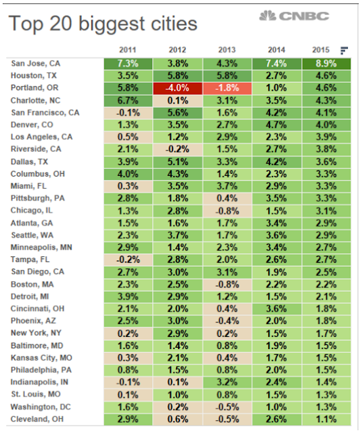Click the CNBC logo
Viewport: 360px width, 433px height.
pyautogui.click(x=294, y=16)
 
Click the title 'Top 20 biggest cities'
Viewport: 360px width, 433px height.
pyautogui.click(x=103, y=24)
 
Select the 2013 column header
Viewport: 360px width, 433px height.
pyautogui.click(x=227, y=50)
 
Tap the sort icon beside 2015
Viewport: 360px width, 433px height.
pyautogui.click(x=344, y=51)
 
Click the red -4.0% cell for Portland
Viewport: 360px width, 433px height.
pyautogui.click(x=178, y=89)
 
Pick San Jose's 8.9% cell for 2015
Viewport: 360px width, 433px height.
pyautogui.click(x=326, y=64)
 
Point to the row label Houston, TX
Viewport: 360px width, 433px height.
pyautogui.click(x=34, y=76)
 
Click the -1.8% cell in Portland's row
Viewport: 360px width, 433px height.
pyautogui.click(x=227, y=89)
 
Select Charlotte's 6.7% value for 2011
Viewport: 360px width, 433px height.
pyautogui.click(x=128, y=101)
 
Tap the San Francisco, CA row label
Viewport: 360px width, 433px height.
pyautogui.click(x=45, y=113)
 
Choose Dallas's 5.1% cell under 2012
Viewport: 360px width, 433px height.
pyautogui.click(x=178, y=162)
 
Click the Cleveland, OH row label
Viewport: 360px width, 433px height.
pyautogui.click(x=37, y=419)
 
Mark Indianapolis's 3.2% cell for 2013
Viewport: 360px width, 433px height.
pyautogui.click(x=227, y=382)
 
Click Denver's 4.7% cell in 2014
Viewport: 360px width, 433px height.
pyautogui.click(x=277, y=125)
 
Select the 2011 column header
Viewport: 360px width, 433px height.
pyautogui.click(x=128, y=50)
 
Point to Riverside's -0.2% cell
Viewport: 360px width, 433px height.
pyautogui.click(x=178, y=150)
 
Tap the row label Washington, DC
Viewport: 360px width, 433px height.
pyautogui.click(x=41, y=407)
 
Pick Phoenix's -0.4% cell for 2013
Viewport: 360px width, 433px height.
pyautogui.click(x=227, y=321)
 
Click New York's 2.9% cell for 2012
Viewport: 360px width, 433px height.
pyautogui.click(x=178, y=334)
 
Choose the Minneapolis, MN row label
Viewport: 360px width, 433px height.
pyautogui.click(x=41, y=248)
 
